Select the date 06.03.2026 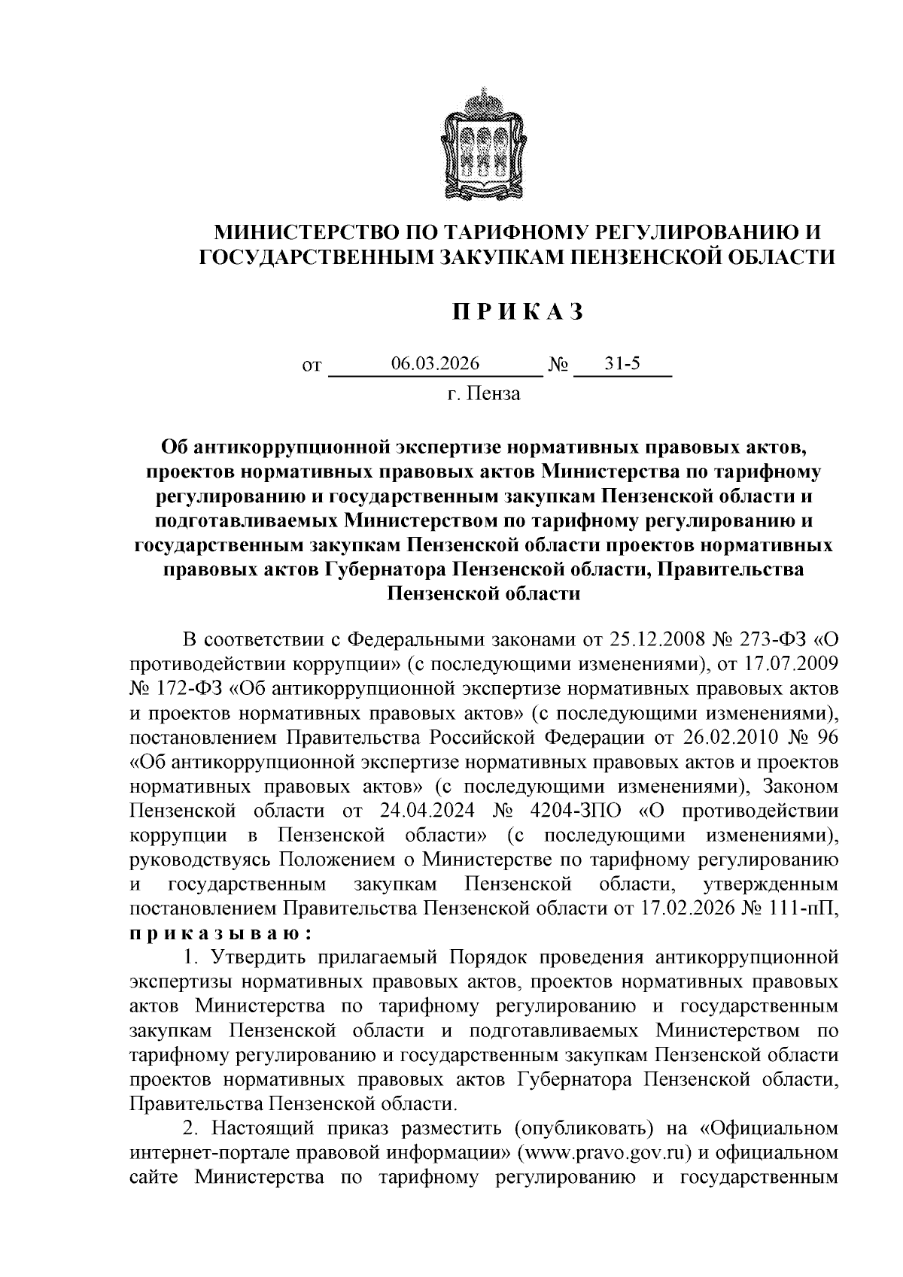[x=436, y=364]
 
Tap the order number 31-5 [x=622, y=364]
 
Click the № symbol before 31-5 [x=558, y=366]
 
